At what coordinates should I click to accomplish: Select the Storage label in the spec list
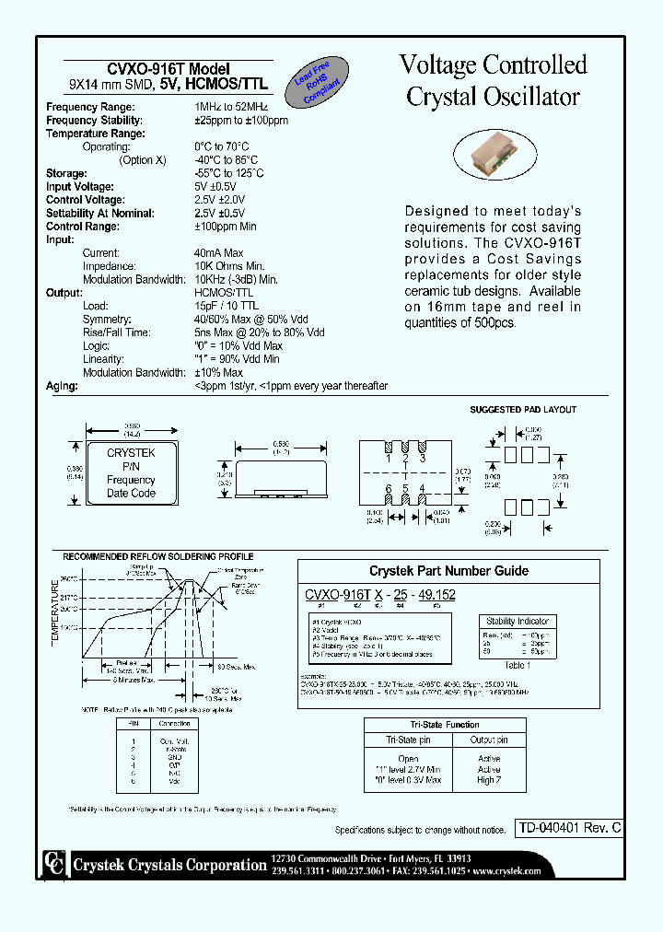pos(66,173)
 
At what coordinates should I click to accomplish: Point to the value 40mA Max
pos(218,252)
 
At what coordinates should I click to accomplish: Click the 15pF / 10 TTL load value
pos(226,306)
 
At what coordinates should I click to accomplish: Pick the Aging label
pos(61,386)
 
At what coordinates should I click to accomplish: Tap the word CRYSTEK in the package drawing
pos(131,453)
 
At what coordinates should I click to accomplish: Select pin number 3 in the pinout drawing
pos(422,458)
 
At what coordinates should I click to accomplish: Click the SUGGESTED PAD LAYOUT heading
pos(523,410)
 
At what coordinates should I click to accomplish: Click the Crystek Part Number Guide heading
pos(448,571)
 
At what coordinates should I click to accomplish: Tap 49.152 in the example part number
pos(436,596)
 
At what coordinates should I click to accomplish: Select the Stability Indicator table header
pos(518,622)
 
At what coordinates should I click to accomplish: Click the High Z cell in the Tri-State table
pos(489,780)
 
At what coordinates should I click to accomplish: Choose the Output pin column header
pos(489,740)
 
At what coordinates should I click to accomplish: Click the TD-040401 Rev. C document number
pos(568,828)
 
